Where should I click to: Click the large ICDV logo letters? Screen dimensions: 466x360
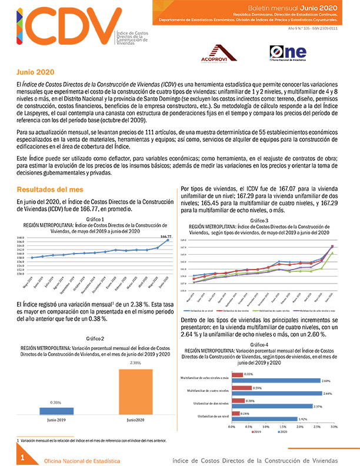(59, 30)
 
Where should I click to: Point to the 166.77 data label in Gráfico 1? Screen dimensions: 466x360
(166, 237)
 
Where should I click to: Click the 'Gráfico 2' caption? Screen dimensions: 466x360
(95, 339)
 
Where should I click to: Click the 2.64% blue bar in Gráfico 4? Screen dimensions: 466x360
(277, 394)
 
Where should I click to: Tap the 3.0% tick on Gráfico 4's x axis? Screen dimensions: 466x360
(334, 426)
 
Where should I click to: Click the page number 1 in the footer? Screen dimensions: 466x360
(22, 457)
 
